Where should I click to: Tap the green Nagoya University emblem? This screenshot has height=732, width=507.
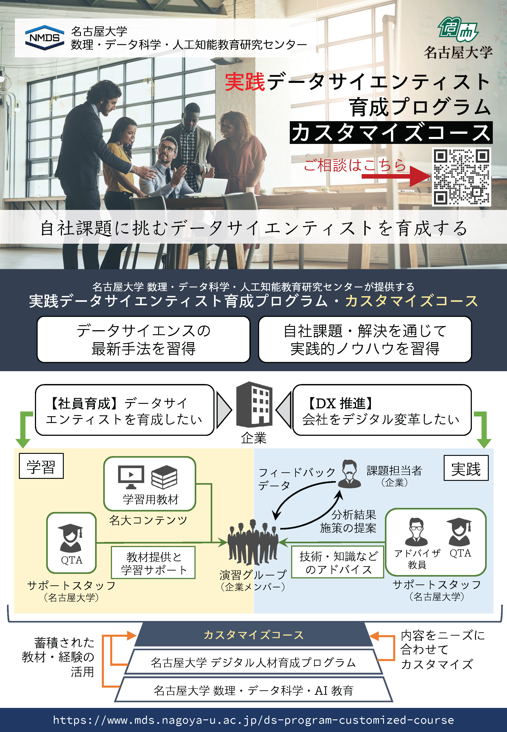[x=458, y=30]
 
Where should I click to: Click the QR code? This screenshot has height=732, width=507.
[x=461, y=177]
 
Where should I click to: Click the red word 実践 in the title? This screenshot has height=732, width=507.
[x=245, y=82]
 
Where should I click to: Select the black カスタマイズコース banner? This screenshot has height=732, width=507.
[x=391, y=133]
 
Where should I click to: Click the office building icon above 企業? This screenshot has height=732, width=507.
[x=254, y=405]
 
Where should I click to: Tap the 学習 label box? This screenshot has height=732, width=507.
[x=41, y=466]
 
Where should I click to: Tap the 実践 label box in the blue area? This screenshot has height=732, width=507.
[x=466, y=468]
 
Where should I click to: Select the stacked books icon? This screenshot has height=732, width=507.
[x=164, y=477]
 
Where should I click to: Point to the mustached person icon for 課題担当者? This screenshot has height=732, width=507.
[x=349, y=474]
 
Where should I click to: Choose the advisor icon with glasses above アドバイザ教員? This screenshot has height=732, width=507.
[x=416, y=532]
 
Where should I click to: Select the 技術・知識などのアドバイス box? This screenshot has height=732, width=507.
[x=338, y=562]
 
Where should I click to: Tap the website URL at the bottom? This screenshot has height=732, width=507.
[x=253, y=720]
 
